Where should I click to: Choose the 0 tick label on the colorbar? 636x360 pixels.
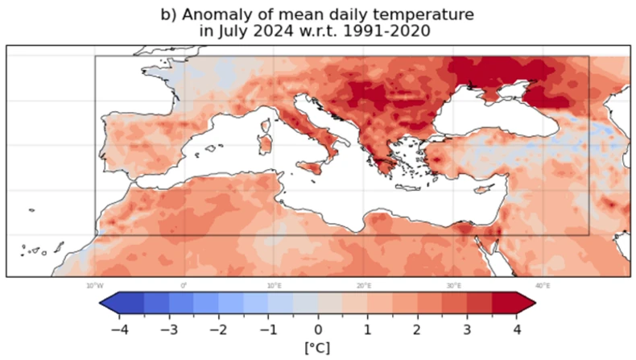tap(318, 329)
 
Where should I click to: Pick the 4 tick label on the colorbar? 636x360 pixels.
tap(518, 329)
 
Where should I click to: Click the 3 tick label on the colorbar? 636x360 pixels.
tap(468, 329)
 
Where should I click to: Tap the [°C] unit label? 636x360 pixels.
tap(318, 349)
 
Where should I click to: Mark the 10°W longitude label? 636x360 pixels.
tap(95, 285)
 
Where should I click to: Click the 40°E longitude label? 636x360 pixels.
tap(543, 285)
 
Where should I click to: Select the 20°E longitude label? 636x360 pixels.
tap(364, 285)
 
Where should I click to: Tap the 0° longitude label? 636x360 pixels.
tap(184, 285)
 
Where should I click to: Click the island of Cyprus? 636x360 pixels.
tap(481, 191)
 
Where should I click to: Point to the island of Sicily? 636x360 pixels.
tap(308, 168)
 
